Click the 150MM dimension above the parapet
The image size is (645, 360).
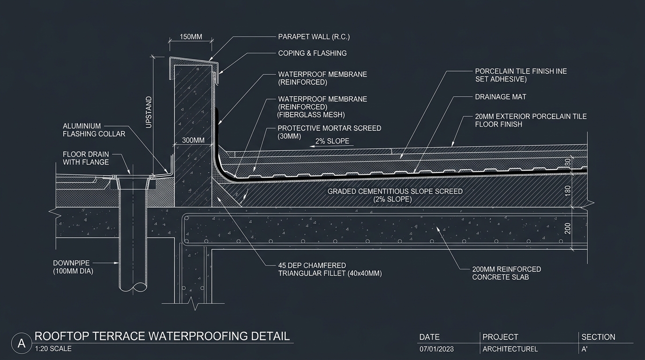pyautogui.click(x=191, y=37)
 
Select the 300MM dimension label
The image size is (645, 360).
pyautogui.click(x=193, y=140)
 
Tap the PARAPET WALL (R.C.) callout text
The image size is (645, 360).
pyautogui.click(x=314, y=37)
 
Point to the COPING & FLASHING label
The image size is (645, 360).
pyautogui.click(x=312, y=53)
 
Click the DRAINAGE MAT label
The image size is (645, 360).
pyautogui.click(x=501, y=97)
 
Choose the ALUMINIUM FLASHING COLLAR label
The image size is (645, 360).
pyautogui.click(x=94, y=130)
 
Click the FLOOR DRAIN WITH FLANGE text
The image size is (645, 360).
pyautogui.click(x=86, y=158)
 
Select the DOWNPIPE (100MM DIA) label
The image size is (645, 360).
pyautogui.click(x=73, y=267)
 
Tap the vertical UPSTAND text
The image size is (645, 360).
pyautogui.click(x=149, y=112)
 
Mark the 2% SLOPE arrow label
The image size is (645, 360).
pyautogui.click(x=332, y=141)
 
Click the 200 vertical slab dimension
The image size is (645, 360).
pyautogui.click(x=568, y=228)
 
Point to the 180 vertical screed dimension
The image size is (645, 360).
pyautogui.click(x=568, y=191)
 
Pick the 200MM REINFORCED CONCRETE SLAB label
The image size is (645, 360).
pyautogui.click(x=507, y=273)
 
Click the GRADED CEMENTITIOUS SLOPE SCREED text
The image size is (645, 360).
pyautogui.click(x=395, y=192)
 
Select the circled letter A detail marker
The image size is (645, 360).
pyautogui.click(x=22, y=343)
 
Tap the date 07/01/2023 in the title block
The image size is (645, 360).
pyautogui.click(x=436, y=349)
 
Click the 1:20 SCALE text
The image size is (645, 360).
pyautogui.click(x=53, y=349)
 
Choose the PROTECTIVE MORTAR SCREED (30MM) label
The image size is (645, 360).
pyautogui.click(x=330, y=132)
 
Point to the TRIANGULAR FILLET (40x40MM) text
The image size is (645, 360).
pyautogui.click(x=330, y=273)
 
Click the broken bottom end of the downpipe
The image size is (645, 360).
pyautogui.click(x=133, y=287)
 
